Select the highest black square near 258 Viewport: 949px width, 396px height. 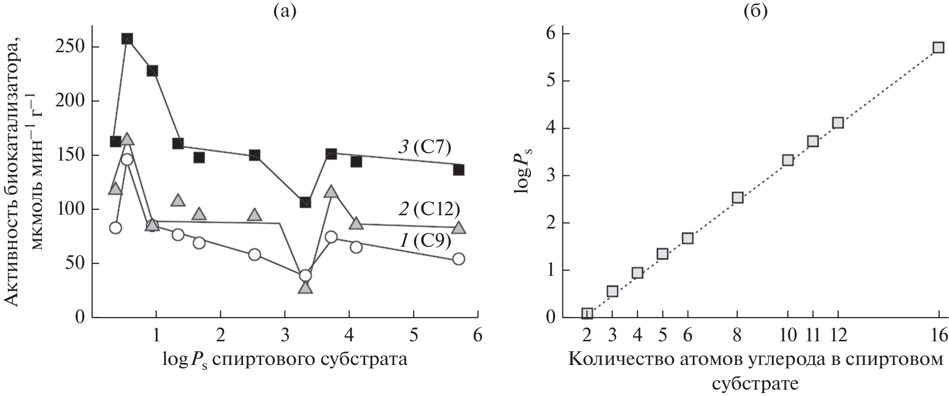tap(127, 39)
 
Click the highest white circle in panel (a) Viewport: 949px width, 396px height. tap(127, 160)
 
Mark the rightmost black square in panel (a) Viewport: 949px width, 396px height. tap(458, 170)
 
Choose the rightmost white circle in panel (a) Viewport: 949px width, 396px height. tap(458, 259)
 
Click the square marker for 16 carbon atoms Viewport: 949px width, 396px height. tap(938, 47)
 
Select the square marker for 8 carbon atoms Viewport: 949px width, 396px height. tap(738, 198)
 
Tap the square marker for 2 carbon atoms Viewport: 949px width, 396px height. tap(587, 313)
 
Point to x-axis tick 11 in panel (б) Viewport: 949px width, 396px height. tap(813, 336)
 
